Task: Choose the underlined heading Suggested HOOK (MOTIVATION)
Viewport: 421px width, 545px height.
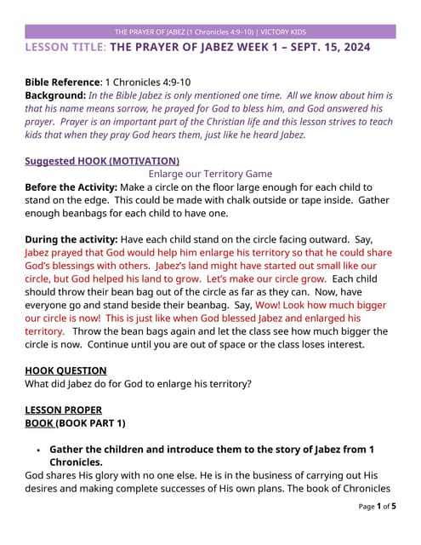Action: click(x=102, y=160)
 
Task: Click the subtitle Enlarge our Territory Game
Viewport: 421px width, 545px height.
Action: click(x=210, y=173)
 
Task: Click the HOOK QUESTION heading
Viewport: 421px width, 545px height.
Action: click(x=65, y=370)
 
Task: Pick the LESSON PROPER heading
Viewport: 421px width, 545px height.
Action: click(x=63, y=410)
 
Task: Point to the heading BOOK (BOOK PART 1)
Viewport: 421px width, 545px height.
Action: click(x=75, y=423)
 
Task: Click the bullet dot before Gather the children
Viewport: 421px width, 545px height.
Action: click(x=38, y=450)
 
